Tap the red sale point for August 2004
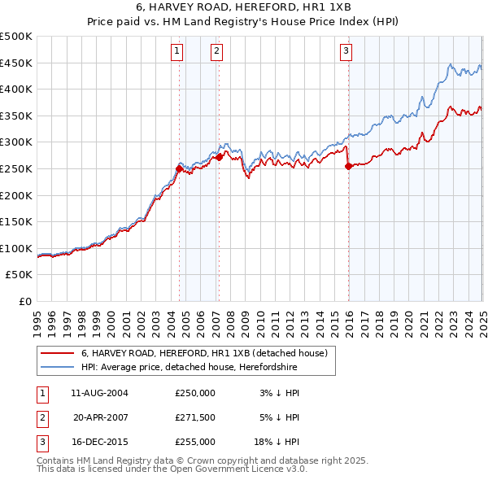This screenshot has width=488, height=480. [179, 168]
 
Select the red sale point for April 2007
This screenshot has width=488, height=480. [219, 157]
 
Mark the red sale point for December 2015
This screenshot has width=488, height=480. [348, 166]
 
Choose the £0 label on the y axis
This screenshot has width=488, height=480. [25, 301]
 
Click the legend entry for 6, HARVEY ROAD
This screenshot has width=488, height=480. [203, 354]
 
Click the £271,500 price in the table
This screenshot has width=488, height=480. [195, 417]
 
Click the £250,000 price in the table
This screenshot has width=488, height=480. [195, 393]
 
